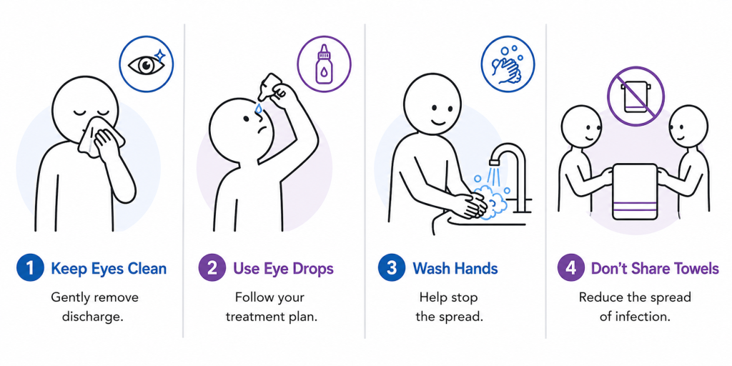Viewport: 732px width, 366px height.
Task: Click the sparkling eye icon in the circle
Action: click(146, 64)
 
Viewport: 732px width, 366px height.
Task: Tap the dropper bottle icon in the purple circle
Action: click(324, 64)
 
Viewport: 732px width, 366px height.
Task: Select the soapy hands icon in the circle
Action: click(508, 64)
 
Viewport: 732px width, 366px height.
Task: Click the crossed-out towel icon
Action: click(635, 96)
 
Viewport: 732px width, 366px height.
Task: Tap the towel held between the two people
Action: click(635, 191)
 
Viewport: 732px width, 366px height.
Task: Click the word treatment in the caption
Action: click(252, 317)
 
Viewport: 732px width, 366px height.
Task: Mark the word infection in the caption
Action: click(646, 317)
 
